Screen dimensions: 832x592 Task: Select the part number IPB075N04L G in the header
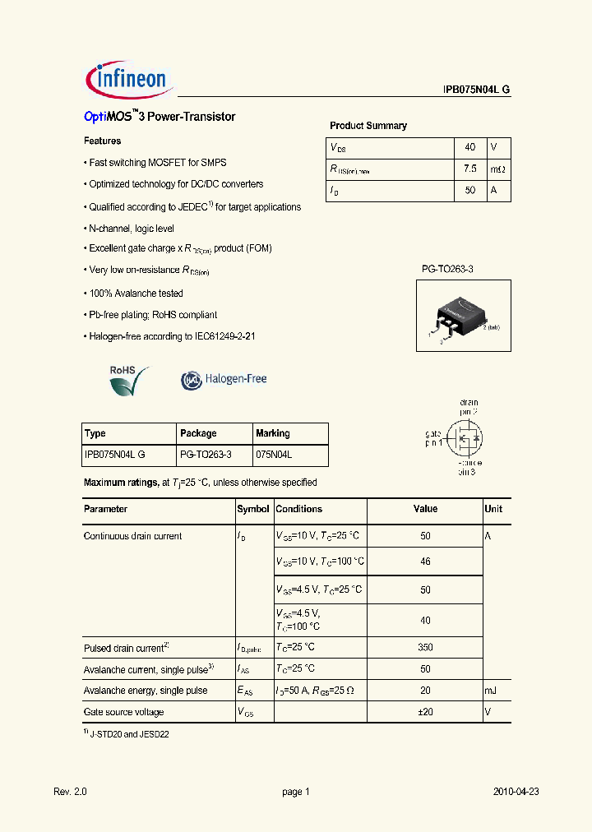(471, 90)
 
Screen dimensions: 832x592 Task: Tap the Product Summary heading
(368, 126)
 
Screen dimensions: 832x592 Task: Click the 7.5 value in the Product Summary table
(469, 169)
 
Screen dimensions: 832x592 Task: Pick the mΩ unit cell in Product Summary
(498, 169)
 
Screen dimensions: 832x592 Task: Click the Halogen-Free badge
(224, 379)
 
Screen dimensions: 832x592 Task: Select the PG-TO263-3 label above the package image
(447, 269)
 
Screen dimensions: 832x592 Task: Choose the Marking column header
(273, 433)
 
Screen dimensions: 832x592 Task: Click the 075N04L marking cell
(274, 454)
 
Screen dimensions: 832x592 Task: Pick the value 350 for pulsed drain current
(425, 648)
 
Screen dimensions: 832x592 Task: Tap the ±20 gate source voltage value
(425, 712)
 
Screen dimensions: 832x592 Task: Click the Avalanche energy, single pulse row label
(146, 691)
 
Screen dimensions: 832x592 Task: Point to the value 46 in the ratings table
(425, 562)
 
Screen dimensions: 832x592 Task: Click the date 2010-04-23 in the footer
(516, 792)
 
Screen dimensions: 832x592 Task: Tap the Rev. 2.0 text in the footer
(70, 792)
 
